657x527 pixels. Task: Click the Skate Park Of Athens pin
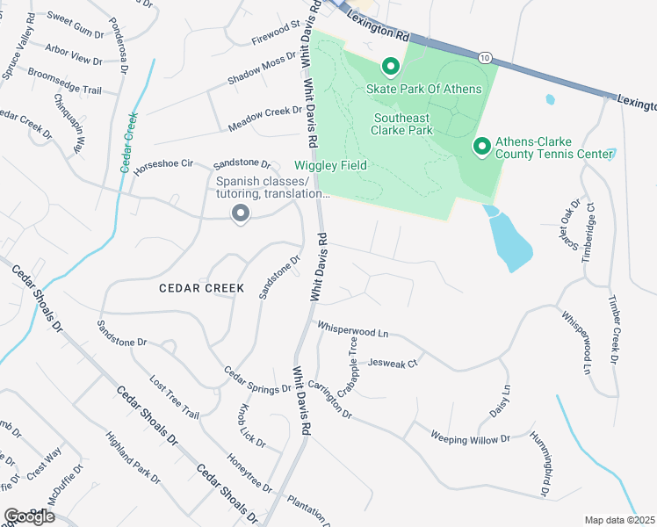click(390, 67)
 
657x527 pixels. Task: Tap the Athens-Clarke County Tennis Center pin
click(482, 147)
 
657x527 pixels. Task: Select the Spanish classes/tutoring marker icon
click(239, 213)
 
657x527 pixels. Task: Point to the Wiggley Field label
click(330, 165)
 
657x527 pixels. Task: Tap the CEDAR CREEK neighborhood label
click(196, 287)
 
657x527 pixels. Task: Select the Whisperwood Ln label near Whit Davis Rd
click(353, 328)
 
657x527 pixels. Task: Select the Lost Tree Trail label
click(175, 398)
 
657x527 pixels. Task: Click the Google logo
click(28, 516)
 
